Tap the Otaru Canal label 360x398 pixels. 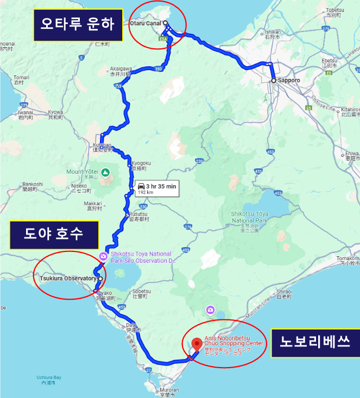[146, 23]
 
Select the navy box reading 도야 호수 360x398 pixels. [54, 235]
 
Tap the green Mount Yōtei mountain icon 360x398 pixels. [105, 172]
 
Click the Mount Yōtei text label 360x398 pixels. [83, 172]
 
